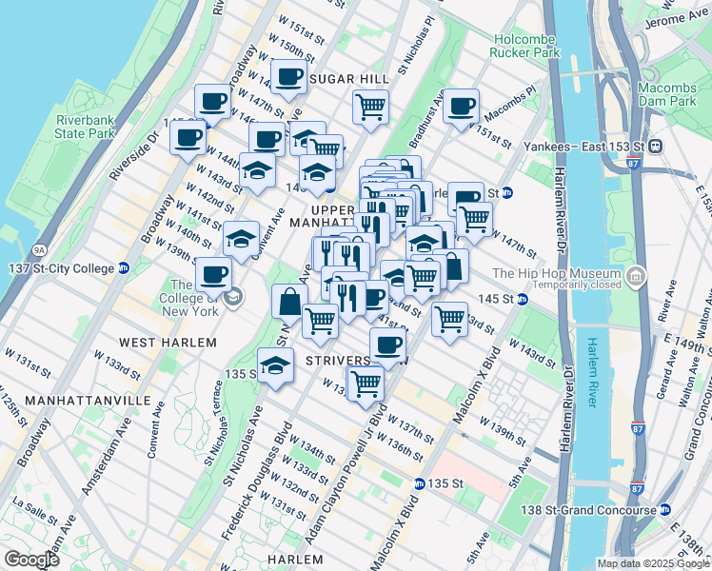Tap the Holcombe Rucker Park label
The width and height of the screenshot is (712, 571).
coord(525,46)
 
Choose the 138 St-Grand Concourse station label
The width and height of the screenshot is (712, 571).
coord(599,512)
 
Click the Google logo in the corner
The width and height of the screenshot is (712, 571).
coord(31,560)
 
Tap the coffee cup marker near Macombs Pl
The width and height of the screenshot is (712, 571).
coord(461,107)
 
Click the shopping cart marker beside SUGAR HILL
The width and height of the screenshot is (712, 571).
coord(370,105)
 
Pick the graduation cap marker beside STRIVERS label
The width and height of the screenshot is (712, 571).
coord(275,366)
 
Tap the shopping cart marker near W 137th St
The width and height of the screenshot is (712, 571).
coord(365,383)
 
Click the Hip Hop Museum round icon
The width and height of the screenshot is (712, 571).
coord(636,278)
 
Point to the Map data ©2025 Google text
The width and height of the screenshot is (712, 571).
coord(652,563)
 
